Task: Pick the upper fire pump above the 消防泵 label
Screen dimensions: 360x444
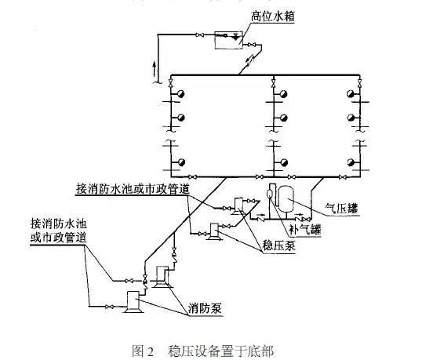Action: [x=162, y=274]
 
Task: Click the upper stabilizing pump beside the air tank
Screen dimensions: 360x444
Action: [x=236, y=205]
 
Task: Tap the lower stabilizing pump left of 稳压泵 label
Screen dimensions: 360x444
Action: [x=212, y=233]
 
